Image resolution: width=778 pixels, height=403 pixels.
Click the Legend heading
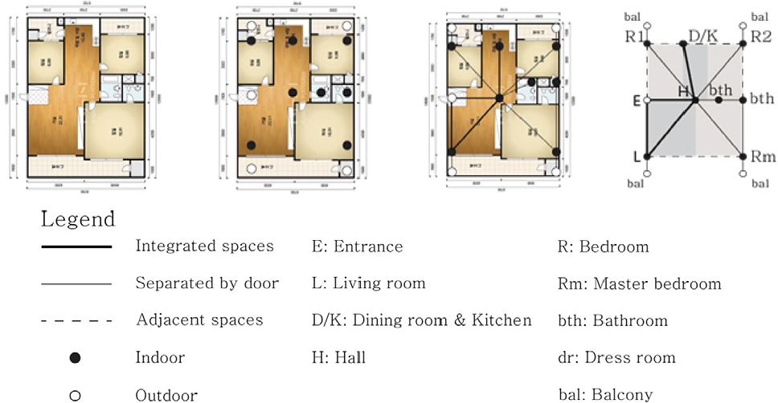pyautogui.click(x=78, y=218)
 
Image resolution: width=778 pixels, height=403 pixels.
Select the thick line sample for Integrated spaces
pyautogui.click(x=76, y=247)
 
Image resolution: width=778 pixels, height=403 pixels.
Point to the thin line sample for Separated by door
pyautogui.click(x=76, y=284)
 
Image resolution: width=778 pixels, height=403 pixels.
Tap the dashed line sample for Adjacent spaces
pyautogui.click(x=76, y=321)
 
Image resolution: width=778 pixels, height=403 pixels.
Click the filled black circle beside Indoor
pyautogui.click(x=76, y=358)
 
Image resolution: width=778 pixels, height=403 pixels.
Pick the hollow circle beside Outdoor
pyautogui.click(x=76, y=394)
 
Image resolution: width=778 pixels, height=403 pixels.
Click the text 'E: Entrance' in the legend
pyautogui.click(x=357, y=247)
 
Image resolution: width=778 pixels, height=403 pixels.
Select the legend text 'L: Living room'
pyautogui.click(x=368, y=284)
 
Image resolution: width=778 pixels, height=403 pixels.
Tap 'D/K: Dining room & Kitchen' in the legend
pyautogui.click(x=421, y=321)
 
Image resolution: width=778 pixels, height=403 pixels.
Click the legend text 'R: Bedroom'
pyautogui.click(x=603, y=247)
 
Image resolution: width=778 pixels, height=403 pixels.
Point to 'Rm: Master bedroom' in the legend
pyautogui.click(x=639, y=284)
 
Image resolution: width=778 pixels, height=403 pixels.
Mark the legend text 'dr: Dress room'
pyautogui.click(x=616, y=358)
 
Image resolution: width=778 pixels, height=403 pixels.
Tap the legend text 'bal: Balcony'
pyautogui.click(x=605, y=394)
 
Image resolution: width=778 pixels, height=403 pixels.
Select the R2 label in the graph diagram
pyautogui.click(x=760, y=37)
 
